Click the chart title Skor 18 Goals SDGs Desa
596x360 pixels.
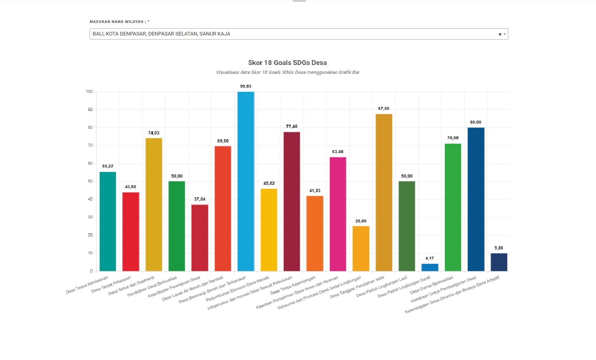pyautogui.click(x=287, y=63)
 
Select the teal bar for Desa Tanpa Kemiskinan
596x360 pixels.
pyautogui.click(x=108, y=222)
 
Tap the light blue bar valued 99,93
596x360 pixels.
pyautogui.click(x=246, y=181)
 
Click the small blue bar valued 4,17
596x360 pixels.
pyautogui.click(x=430, y=267)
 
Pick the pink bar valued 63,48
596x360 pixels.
pyautogui.click(x=338, y=214)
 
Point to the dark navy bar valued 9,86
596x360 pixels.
pyautogui.click(x=499, y=262)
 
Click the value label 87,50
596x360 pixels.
pyautogui.click(x=384, y=109)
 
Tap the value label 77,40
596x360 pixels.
pyautogui.click(x=292, y=127)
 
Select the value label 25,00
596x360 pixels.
pyautogui.click(x=361, y=221)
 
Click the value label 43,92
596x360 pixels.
pyautogui.click(x=130, y=187)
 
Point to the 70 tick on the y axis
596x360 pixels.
pyautogui.click(x=90, y=145)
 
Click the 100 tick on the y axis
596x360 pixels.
pyautogui.click(x=89, y=92)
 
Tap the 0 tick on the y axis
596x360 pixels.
pyautogui.click(x=91, y=271)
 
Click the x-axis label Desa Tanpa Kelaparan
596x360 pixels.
pyautogui.click(x=111, y=285)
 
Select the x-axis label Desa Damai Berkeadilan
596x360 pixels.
pyautogui.click(x=432, y=285)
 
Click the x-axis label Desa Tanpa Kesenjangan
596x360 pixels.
pyautogui.click(x=293, y=285)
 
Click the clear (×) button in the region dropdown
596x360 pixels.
pyautogui.click(x=500, y=34)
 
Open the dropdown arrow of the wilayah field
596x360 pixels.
pyautogui.click(x=505, y=34)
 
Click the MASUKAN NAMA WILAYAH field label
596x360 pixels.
pyautogui.click(x=118, y=22)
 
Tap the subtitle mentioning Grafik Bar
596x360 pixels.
pyautogui.click(x=288, y=73)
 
